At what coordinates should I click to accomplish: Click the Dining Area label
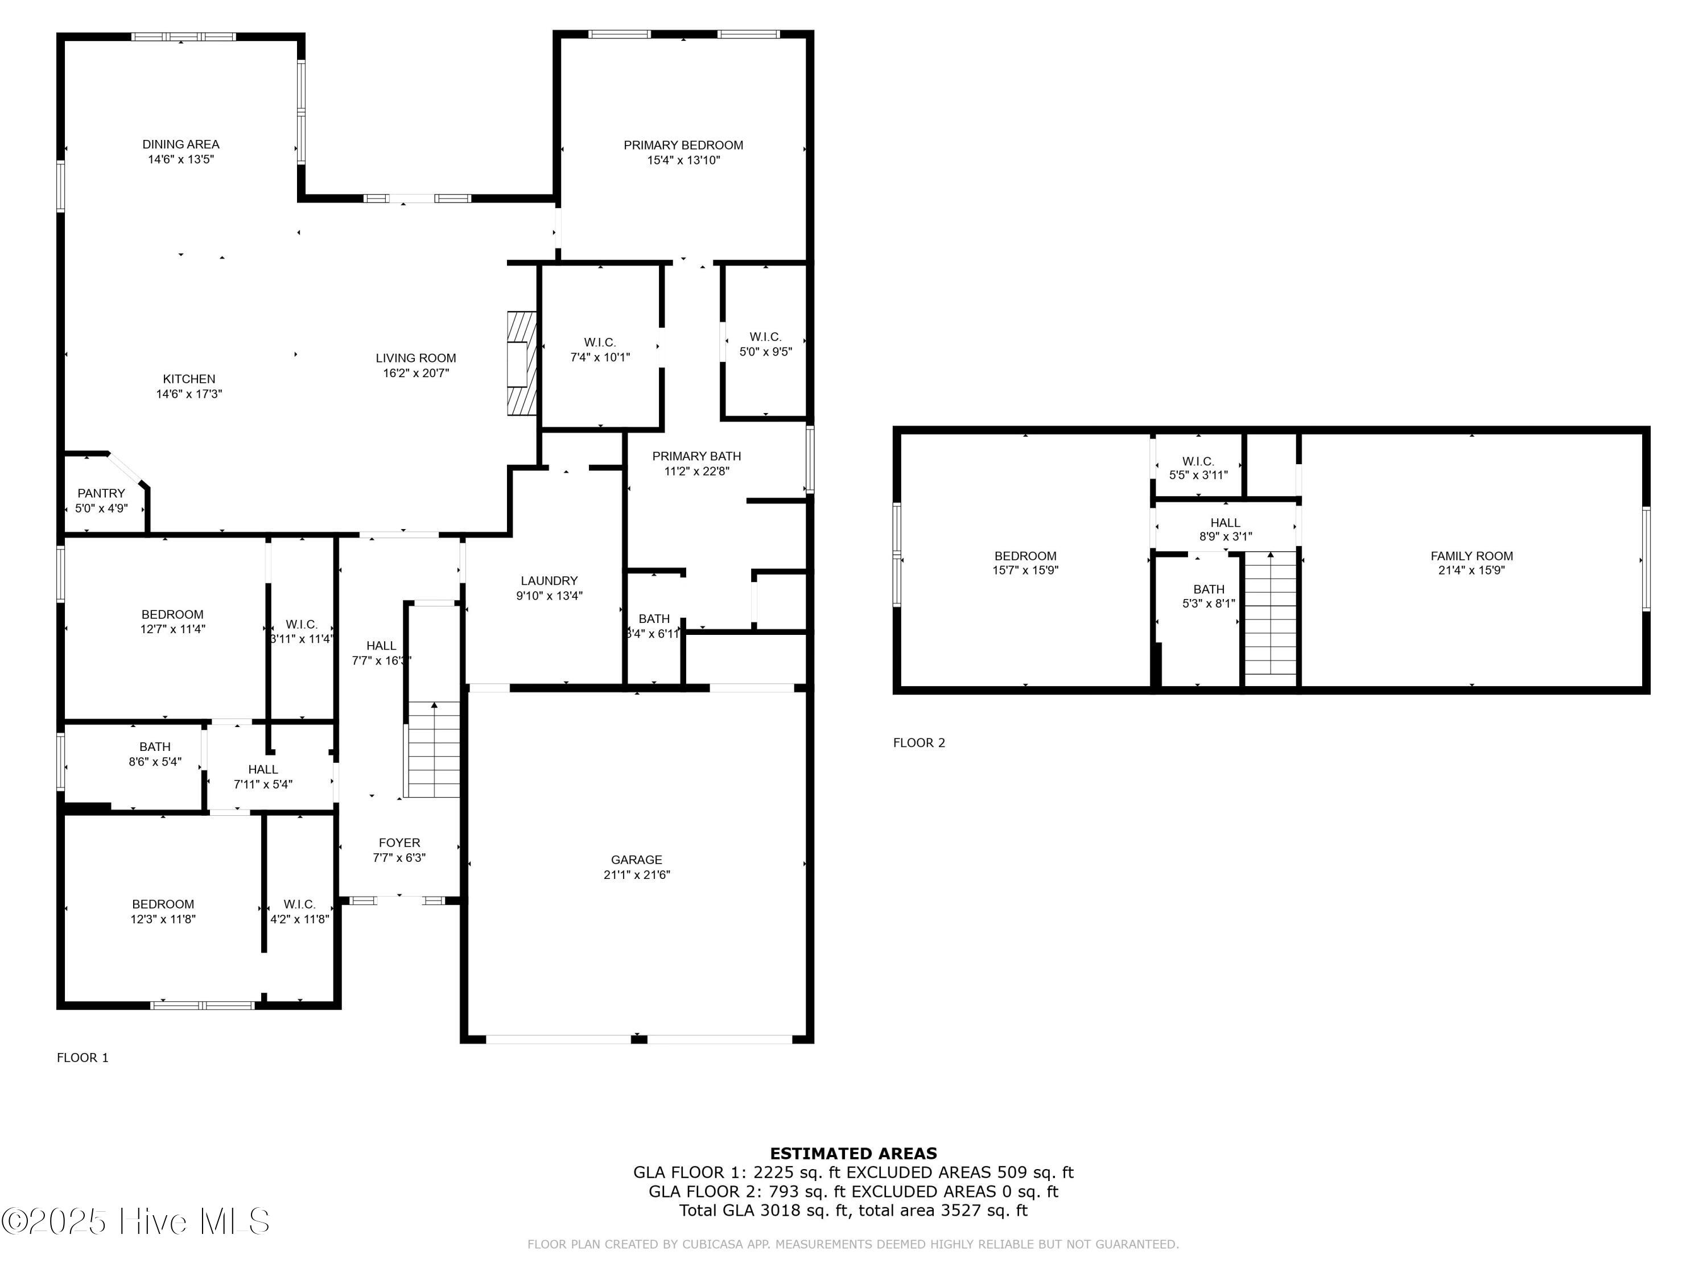point(180,144)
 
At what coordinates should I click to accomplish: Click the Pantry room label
point(101,493)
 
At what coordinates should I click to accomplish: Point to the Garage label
point(636,860)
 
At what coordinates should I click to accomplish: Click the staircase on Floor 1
point(433,749)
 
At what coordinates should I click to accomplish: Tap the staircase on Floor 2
point(1270,617)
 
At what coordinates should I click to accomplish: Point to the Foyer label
point(399,843)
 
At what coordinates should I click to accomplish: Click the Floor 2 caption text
point(918,743)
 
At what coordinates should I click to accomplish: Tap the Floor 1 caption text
point(83,1058)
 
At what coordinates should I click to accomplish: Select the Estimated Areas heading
point(853,1154)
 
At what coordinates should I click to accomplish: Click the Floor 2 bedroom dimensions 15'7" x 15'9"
point(1025,571)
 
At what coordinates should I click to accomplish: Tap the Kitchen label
point(189,379)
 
